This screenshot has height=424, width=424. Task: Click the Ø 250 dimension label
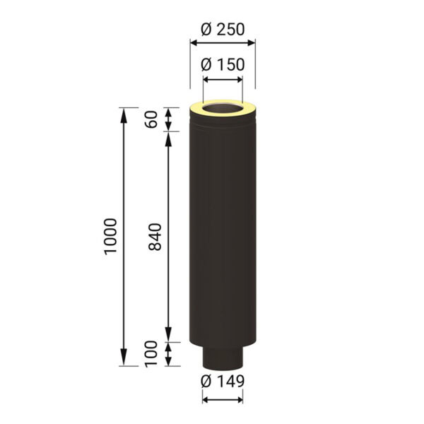[223, 29]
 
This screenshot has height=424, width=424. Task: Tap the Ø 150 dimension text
[223, 64]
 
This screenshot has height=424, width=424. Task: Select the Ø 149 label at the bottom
[223, 381]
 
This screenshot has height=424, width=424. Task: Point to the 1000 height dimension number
[111, 236]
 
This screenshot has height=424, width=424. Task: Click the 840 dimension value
[155, 237]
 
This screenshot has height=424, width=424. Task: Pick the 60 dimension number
[151, 119]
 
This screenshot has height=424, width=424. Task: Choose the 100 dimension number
[151, 354]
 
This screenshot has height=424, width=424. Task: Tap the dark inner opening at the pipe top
[223, 107]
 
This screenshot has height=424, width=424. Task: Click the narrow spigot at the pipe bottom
[223, 356]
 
